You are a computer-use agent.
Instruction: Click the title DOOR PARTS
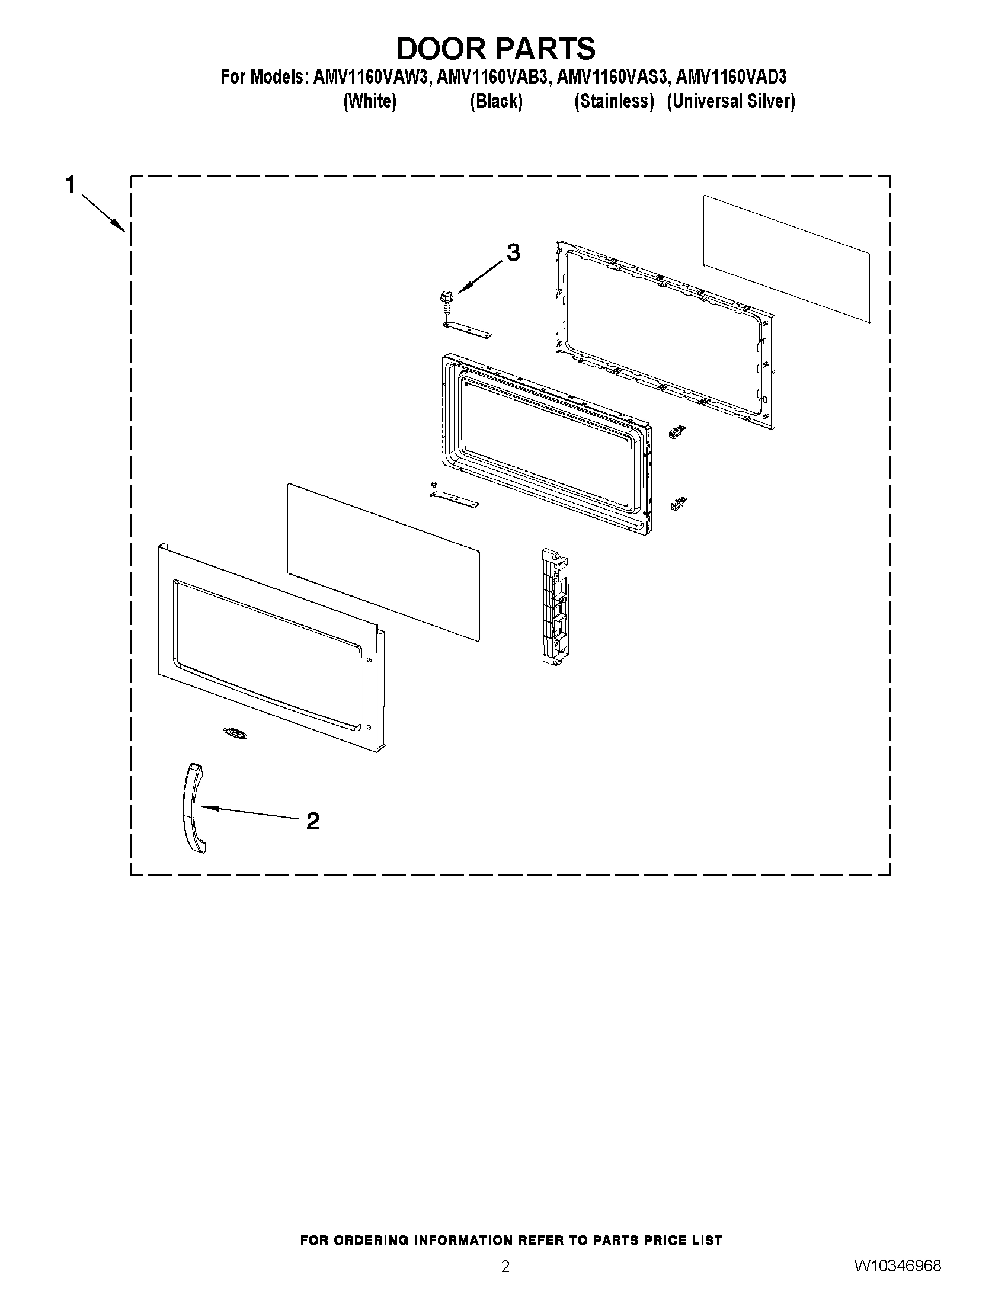point(495,49)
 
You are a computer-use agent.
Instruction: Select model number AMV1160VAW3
point(370,77)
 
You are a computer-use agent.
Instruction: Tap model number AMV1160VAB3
point(492,77)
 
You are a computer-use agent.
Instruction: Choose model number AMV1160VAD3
point(731,77)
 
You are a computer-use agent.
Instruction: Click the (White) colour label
point(370,101)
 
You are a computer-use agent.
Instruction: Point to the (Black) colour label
point(495,101)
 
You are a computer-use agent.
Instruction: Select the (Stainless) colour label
point(614,101)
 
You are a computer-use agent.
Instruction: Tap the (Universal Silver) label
point(731,101)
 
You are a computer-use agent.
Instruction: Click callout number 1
point(71,184)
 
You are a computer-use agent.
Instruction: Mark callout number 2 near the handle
point(312,822)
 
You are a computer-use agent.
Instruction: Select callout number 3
point(513,252)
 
